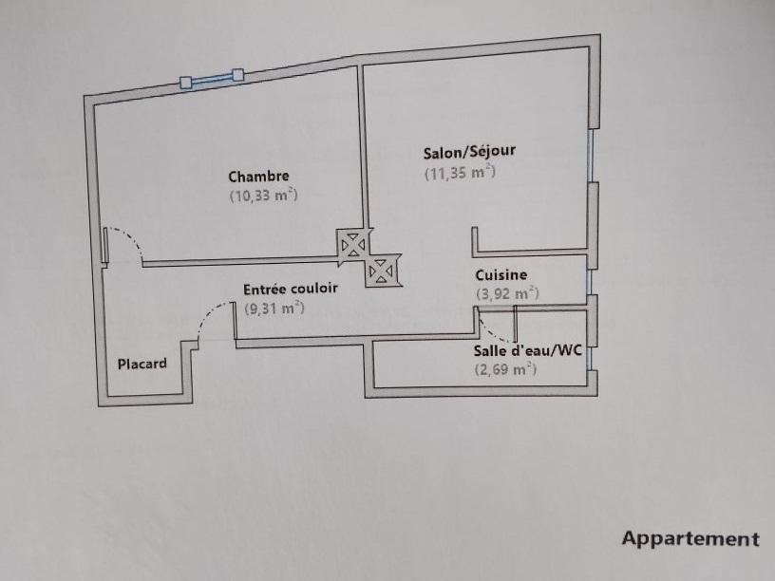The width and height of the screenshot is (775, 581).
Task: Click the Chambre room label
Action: [x=258, y=176]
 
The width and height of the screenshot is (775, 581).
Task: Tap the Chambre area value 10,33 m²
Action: [x=263, y=196]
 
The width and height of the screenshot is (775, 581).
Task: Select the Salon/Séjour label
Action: [x=469, y=151]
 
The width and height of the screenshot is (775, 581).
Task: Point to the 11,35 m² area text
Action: [x=460, y=172]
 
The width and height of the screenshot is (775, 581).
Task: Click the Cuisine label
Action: [x=501, y=274]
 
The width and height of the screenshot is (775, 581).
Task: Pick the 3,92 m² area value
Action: [x=507, y=293]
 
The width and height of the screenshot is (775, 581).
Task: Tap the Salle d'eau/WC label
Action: [x=528, y=350]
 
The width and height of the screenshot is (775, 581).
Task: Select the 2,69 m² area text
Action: [x=505, y=369]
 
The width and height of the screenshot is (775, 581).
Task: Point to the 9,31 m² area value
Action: [x=274, y=308]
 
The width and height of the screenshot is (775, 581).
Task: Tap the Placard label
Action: [x=142, y=364]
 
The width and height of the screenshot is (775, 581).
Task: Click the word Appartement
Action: [x=690, y=539]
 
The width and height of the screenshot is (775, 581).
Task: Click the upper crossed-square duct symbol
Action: [x=353, y=244]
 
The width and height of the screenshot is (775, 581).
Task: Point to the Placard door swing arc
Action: [x=210, y=317]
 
